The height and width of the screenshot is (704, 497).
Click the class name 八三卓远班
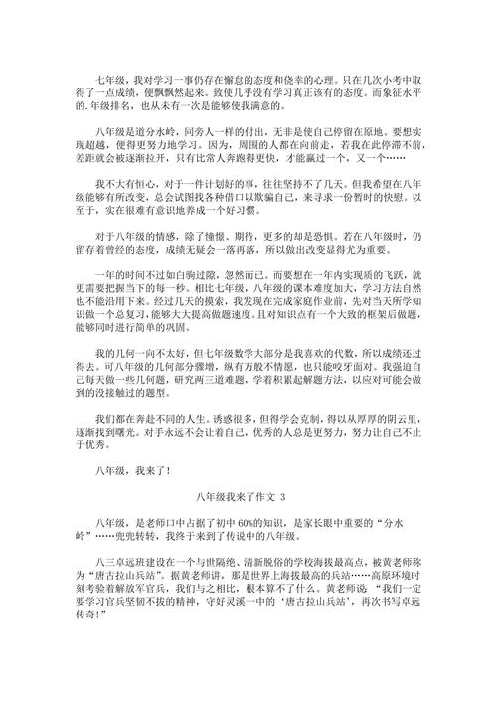coord(122,562)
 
